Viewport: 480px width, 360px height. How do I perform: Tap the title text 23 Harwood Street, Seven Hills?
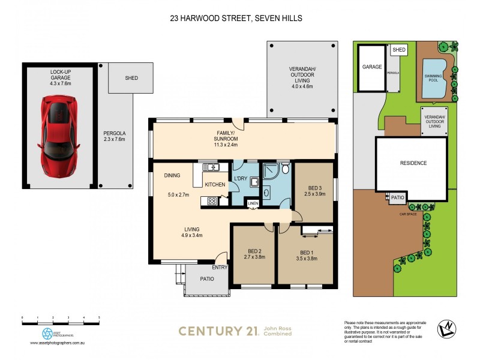click(x=235, y=19)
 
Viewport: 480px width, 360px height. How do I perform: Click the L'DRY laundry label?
click(x=241, y=179)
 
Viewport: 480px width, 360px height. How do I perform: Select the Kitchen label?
click(x=214, y=185)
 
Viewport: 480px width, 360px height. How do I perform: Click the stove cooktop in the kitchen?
click(x=212, y=202)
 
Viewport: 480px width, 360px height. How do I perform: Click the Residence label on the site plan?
click(x=413, y=163)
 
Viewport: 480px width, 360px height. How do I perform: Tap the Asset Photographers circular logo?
click(x=47, y=333)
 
